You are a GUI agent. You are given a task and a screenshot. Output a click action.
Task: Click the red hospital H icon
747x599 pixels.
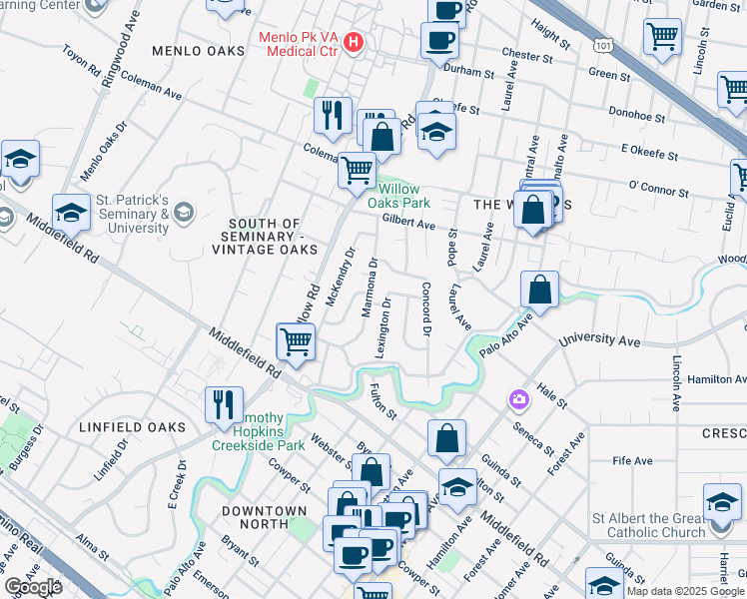point(353,43)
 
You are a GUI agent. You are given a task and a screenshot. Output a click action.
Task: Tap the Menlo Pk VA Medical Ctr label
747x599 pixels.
point(300,44)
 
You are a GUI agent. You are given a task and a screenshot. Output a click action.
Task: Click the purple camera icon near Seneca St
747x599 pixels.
point(518,400)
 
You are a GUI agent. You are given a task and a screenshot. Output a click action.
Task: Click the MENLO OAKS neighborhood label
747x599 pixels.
point(198,50)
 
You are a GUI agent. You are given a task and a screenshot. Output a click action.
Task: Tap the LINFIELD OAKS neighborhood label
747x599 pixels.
point(132,427)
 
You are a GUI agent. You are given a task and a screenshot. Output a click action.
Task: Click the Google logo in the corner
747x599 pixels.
point(33,586)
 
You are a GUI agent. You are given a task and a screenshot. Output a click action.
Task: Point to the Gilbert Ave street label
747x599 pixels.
point(408,224)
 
